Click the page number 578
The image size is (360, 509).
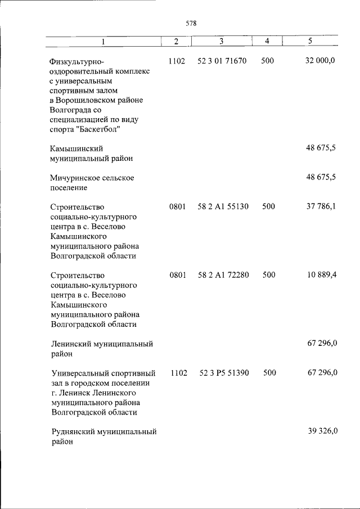(x=191, y=24)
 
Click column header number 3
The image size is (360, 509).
(x=221, y=42)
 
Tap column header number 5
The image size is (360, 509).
(x=310, y=42)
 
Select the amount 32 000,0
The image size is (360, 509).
(x=320, y=61)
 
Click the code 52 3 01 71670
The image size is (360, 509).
(x=222, y=61)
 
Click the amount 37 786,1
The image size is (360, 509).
(x=321, y=206)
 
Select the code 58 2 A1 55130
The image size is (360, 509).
(x=223, y=206)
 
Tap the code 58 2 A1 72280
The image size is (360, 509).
(x=223, y=275)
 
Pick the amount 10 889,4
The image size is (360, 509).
(x=321, y=275)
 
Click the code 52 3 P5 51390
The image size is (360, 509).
(x=224, y=373)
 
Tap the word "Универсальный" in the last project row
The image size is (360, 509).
(x=79, y=373)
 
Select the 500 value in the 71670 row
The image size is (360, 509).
(x=268, y=61)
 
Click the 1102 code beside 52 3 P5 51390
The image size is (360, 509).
(x=178, y=373)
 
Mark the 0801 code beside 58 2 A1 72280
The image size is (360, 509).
(x=177, y=275)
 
